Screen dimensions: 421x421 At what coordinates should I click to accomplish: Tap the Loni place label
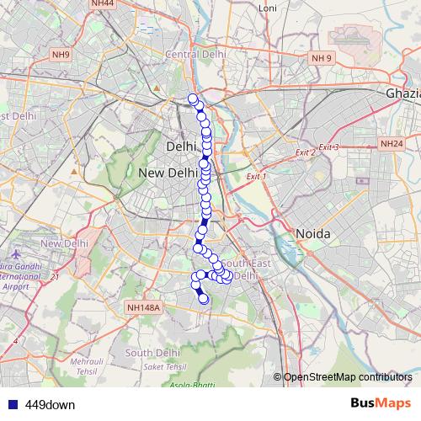coord(267,8)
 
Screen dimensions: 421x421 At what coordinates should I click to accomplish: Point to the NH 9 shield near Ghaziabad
coord(322,58)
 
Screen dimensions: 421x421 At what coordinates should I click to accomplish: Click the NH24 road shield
coord(392,145)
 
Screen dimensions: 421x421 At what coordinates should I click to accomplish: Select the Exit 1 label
coord(255,177)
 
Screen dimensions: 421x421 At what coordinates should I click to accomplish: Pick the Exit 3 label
coord(328,147)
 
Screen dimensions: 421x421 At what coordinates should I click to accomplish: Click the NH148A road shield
coord(143,308)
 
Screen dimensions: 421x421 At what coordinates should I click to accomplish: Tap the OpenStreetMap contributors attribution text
coord(347,376)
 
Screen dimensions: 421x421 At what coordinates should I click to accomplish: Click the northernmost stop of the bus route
coord(193,99)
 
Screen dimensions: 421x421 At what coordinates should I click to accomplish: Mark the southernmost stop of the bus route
coord(203,298)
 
